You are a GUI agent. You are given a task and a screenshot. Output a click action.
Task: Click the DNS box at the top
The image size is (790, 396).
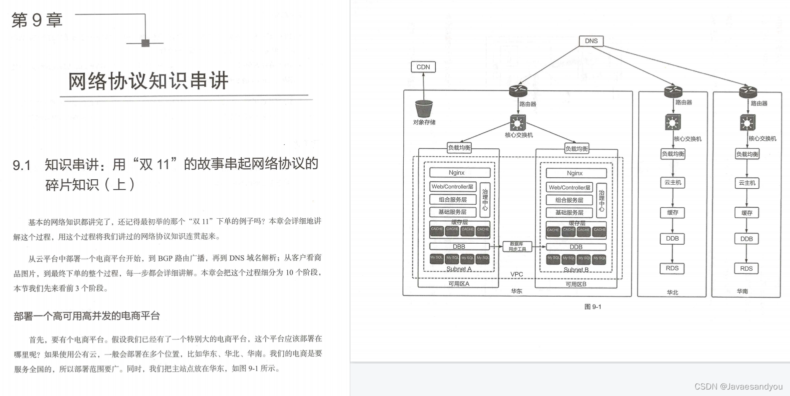point(591,41)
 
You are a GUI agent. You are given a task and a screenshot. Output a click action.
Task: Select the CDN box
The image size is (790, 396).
point(423,67)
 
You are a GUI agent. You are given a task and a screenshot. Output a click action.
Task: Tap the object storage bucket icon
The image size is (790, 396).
point(424,108)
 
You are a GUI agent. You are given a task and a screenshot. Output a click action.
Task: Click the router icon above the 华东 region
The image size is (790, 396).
point(518,91)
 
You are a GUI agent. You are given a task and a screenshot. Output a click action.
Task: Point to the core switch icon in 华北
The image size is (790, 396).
point(672,122)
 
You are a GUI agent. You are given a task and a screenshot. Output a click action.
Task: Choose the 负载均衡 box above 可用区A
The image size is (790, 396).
point(459,148)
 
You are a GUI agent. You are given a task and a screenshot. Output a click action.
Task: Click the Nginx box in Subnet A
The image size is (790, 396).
point(456,173)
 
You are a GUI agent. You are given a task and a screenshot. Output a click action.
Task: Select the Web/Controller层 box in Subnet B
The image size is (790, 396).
point(569,187)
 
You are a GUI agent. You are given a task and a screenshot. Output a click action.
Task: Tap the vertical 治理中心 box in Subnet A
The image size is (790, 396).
point(485,199)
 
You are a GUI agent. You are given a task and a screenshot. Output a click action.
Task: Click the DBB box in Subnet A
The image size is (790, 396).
point(459,247)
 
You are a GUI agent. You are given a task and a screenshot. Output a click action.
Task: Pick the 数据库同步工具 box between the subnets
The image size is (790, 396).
point(517,247)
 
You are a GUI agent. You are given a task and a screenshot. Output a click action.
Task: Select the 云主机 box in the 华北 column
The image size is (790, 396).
point(673,183)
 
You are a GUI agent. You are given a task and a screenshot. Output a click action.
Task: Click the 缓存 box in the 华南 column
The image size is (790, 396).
point(747,213)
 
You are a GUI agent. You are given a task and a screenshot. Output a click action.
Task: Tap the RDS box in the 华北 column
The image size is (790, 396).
point(672,268)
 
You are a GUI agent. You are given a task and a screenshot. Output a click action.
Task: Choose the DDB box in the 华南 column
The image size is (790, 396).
point(747,239)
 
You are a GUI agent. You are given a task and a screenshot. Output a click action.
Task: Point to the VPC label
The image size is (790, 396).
point(517,274)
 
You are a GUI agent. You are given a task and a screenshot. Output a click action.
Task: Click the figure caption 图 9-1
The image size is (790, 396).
point(593,307)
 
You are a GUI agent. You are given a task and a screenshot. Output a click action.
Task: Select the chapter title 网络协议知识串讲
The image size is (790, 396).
point(148,81)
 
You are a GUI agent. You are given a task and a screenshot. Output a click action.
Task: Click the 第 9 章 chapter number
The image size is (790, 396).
point(37,20)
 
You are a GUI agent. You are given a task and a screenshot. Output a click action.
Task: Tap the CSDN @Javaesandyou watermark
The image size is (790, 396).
point(739,387)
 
